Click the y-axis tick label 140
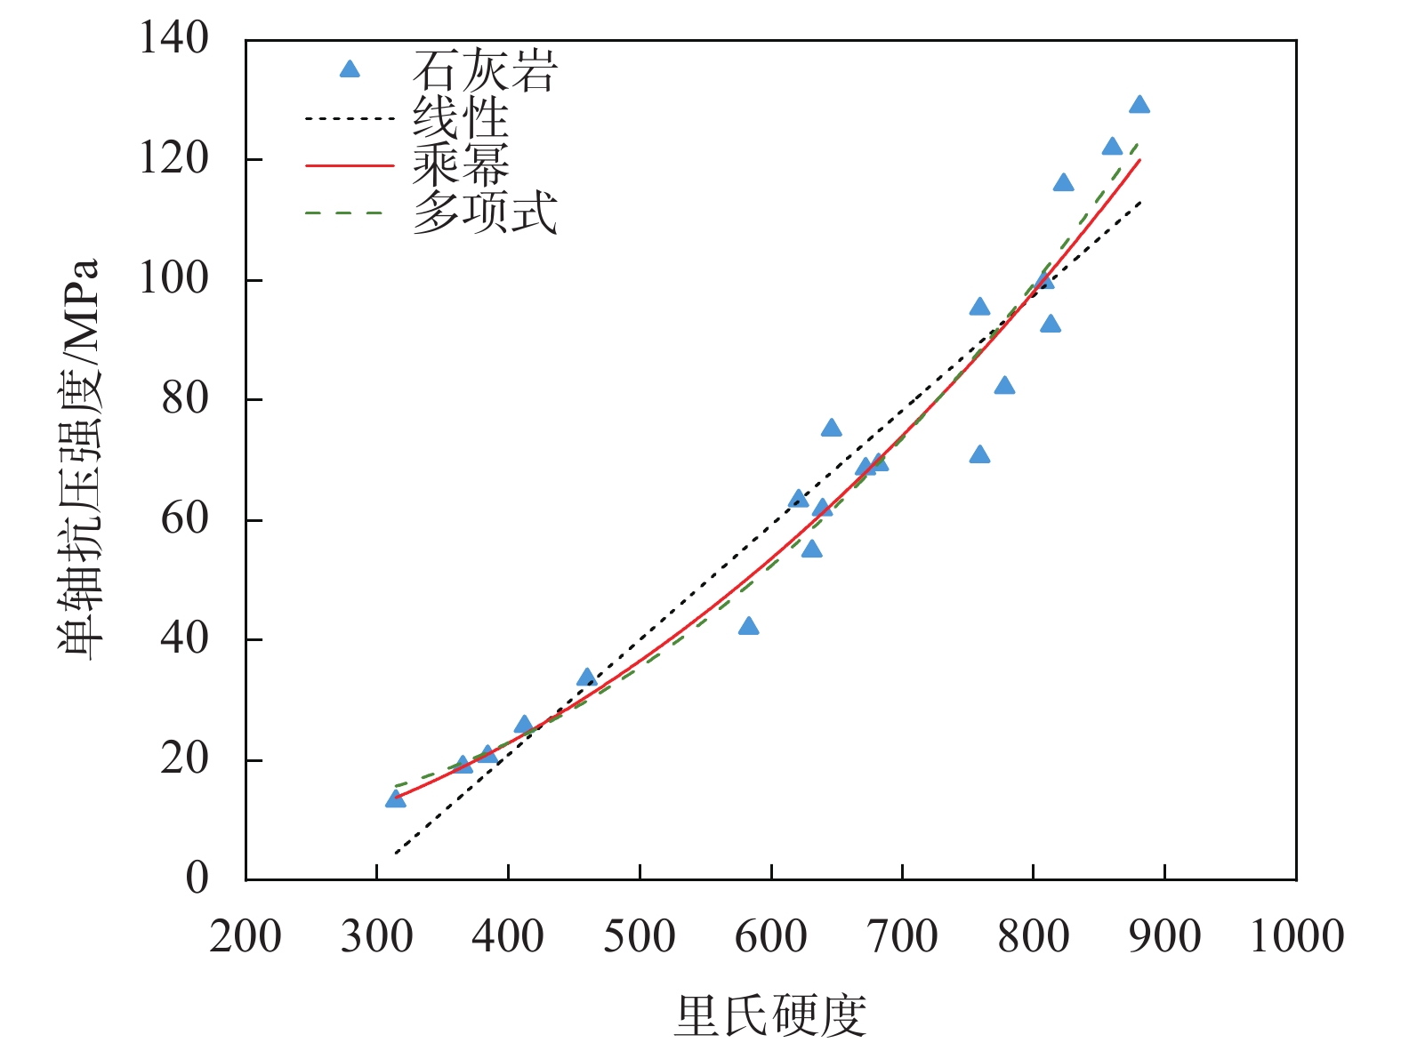pyautogui.click(x=173, y=39)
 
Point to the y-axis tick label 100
pyautogui.click(x=173, y=279)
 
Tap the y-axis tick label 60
pyautogui.click(x=184, y=519)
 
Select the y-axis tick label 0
pyautogui.click(x=197, y=878)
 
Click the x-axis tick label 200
pyautogui.click(x=246, y=937)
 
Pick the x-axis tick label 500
pyautogui.click(x=640, y=937)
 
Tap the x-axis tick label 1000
pyautogui.click(x=1296, y=937)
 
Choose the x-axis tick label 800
pyautogui.click(x=1034, y=937)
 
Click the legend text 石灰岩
pyautogui.click(x=485, y=71)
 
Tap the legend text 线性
pyautogui.click(x=461, y=118)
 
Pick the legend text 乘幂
pyautogui.click(x=461, y=165)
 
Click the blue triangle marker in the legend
pyautogui.click(x=350, y=69)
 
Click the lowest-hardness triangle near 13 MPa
pyautogui.click(x=395, y=799)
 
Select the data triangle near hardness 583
pyautogui.click(x=748, y=627)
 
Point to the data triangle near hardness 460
pyautogui.click(x=586, y=678)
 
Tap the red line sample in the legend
pyautogui.click(x=350, y=165)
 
